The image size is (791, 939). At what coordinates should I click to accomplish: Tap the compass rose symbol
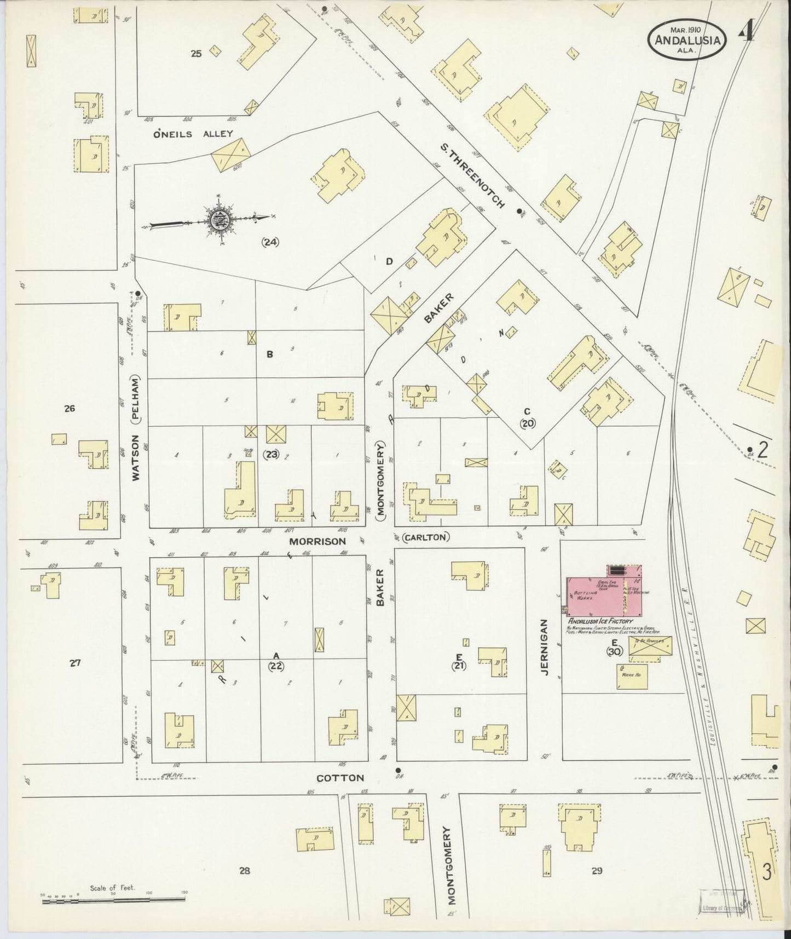tap(218, 219)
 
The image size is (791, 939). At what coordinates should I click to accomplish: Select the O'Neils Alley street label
tap(193, 134)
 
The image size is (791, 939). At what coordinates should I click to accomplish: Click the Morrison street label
tap(317, 541)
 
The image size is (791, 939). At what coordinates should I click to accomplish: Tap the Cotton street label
tap(340, 778)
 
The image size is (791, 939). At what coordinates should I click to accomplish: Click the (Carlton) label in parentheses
tap(426, 537)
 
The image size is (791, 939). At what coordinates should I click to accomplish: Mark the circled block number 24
tap(270, 242)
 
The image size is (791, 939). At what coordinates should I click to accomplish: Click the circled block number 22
tap(276, 666)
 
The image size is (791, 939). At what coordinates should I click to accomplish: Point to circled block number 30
tap(614, 651)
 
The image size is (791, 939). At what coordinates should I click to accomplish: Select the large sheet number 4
tap(747, 32)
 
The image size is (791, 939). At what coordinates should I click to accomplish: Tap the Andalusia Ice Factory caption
tap(600, 621)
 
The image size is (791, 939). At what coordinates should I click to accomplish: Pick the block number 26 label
tap(69, 408)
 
